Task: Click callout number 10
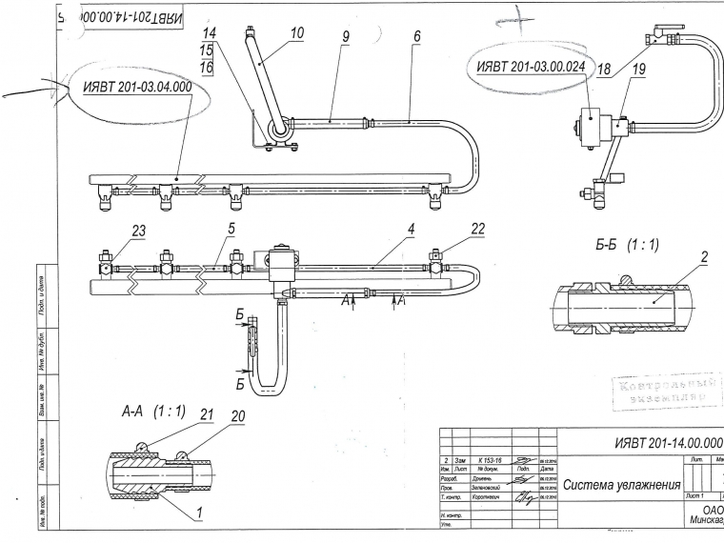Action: pos(297,33)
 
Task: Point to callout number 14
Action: pos(210,32)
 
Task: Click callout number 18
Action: pos(604,69)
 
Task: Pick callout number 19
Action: pos(638,69)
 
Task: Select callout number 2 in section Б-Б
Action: pos(704,257)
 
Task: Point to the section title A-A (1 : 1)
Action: pos(153,412)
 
